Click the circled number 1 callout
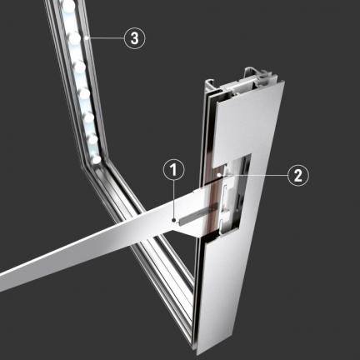[174, 170]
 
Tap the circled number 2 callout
[298, 175]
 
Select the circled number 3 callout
[135, 38]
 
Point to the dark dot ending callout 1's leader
[174, 220]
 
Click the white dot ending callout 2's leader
[220, 175]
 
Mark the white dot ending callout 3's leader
[87, 38]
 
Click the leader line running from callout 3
[106, 38]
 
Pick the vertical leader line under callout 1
[174, 199]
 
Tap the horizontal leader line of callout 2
[254, 175]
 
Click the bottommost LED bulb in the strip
[97, 159]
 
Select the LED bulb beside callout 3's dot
[74, 38]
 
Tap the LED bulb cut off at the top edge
[69, 4]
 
